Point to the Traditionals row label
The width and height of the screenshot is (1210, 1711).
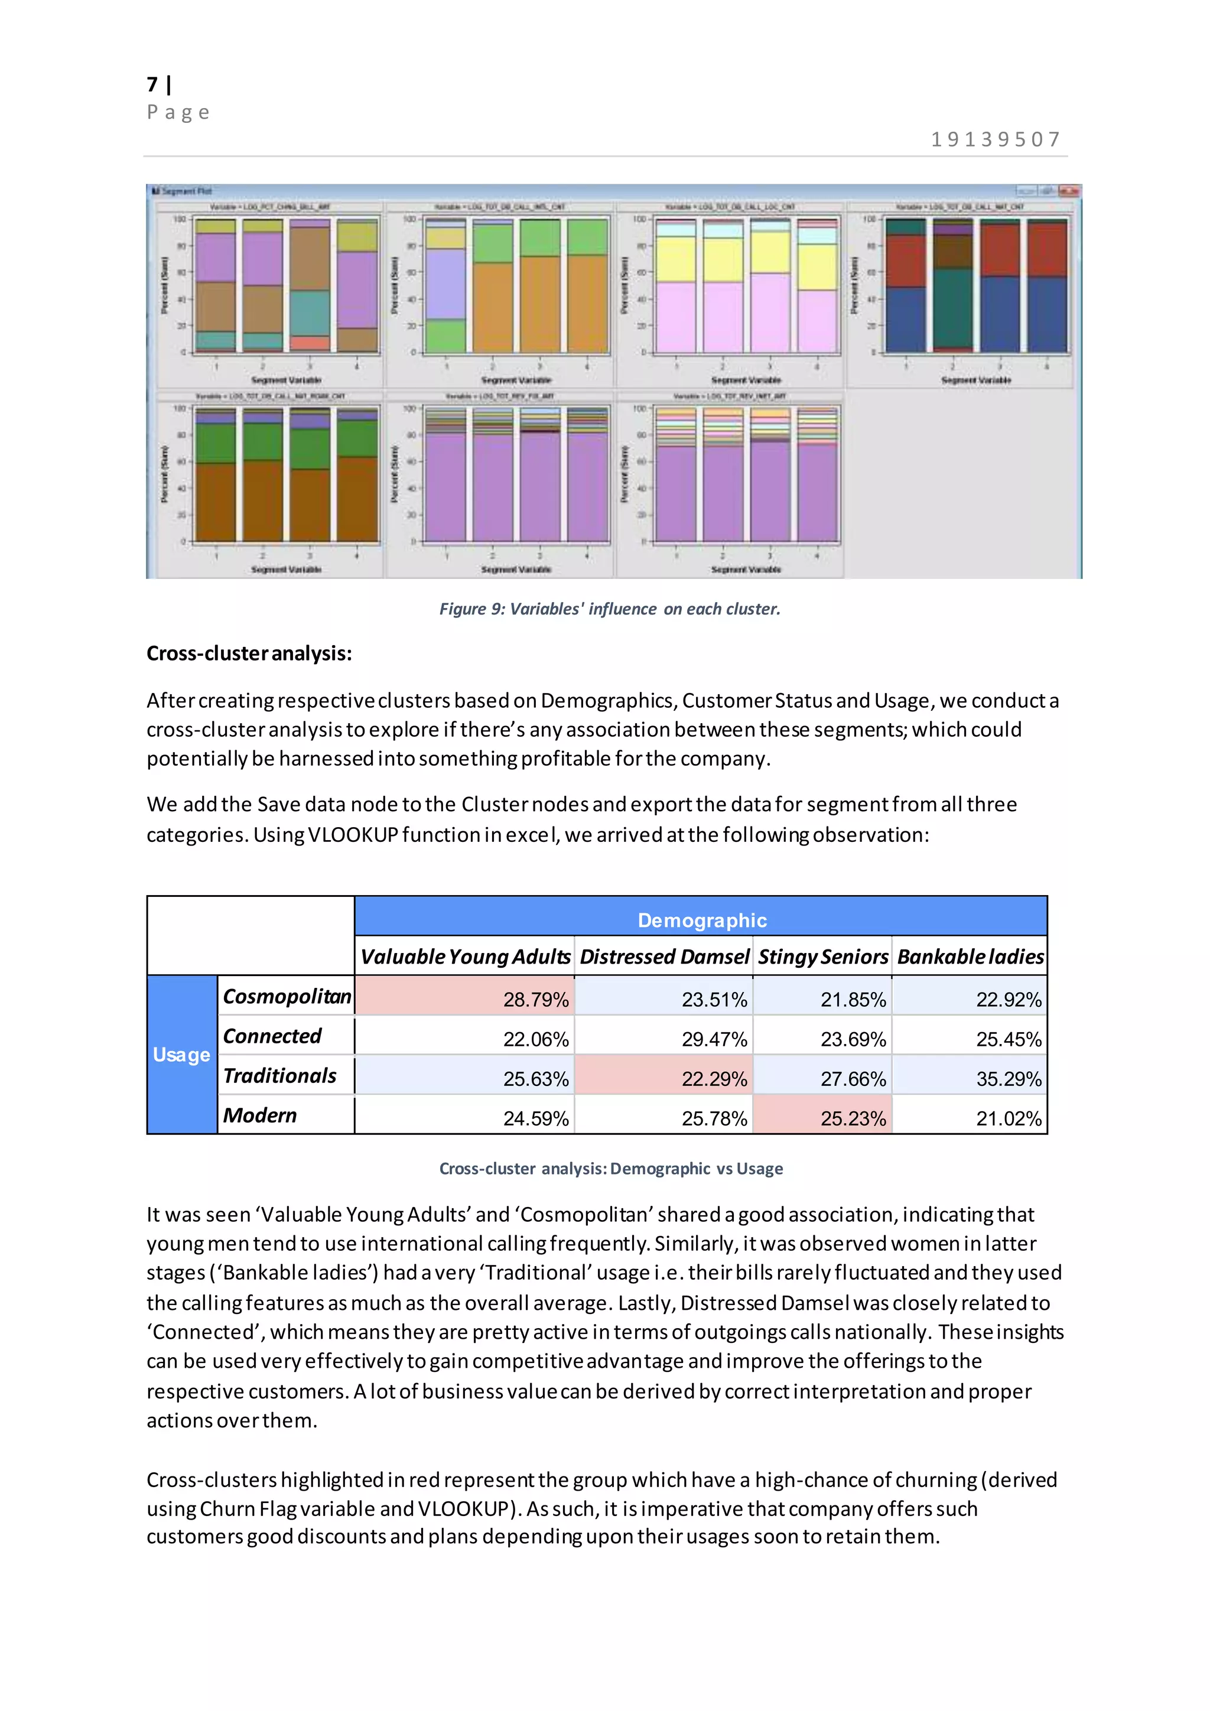click(279, 1075)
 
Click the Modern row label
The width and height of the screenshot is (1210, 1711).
click(259, 1115)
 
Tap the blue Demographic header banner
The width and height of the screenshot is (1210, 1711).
click(701, 919)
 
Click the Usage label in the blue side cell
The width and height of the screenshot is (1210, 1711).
click(181, 1055)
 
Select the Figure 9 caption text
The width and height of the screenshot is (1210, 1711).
click(610, 609)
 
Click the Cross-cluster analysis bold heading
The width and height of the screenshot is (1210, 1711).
click(249, 653)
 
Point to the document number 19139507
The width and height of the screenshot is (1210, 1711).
click(996, 139)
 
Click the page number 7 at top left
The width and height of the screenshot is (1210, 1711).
click(153, 84)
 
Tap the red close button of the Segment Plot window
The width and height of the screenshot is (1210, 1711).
click(1070, 191)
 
